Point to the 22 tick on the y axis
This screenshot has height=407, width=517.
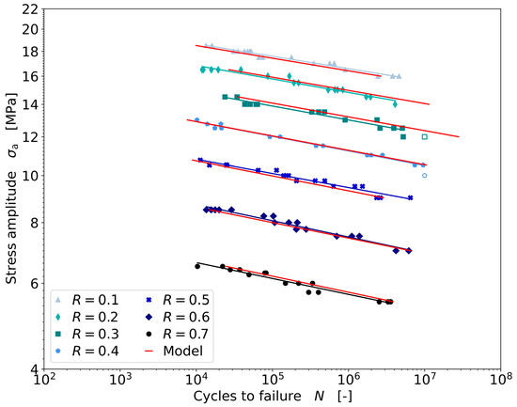pos(30,9)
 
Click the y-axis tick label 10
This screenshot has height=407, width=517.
pos(30,176)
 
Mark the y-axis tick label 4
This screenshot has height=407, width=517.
pos(34,368)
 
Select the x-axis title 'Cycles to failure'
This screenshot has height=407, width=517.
pos(249,397)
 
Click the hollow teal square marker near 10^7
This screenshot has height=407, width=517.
pos(425,137)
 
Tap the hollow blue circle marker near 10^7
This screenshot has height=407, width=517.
pos(425,176)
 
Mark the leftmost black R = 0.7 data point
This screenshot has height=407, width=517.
pos(197,266)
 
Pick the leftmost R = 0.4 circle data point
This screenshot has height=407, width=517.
pos(196,120)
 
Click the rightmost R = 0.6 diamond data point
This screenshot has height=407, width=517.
pos(409,251)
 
